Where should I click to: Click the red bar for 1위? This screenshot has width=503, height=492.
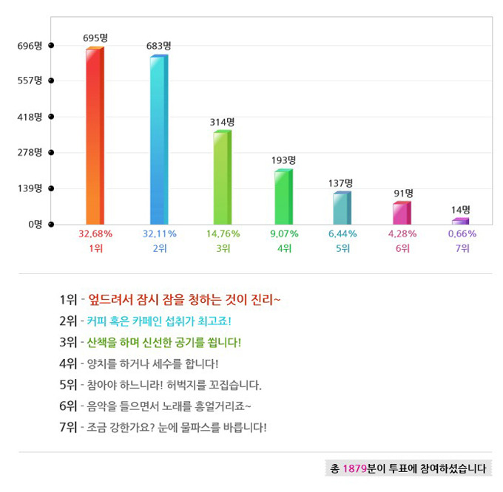point(94,136)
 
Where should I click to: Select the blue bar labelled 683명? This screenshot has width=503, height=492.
point(158,140)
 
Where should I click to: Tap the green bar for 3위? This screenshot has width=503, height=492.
point(221,178)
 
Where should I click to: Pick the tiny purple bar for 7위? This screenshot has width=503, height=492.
point(460,221)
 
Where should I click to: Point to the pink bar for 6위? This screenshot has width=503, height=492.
point(401,213)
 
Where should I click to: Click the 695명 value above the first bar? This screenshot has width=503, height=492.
point(95,37)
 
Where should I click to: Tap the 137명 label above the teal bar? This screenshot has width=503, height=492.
point(341,182)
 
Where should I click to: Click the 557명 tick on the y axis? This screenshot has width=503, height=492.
point(30,81)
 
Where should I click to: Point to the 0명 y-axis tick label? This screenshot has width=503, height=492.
point(35,224)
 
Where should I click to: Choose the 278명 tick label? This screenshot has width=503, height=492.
point(30,152)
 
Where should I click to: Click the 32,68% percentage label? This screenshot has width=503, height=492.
point(95,233)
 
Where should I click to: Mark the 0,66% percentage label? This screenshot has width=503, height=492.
point(462,233)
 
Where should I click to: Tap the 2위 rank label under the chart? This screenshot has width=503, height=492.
point(160,248)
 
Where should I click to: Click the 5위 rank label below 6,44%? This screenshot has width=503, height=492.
point(342,248)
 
